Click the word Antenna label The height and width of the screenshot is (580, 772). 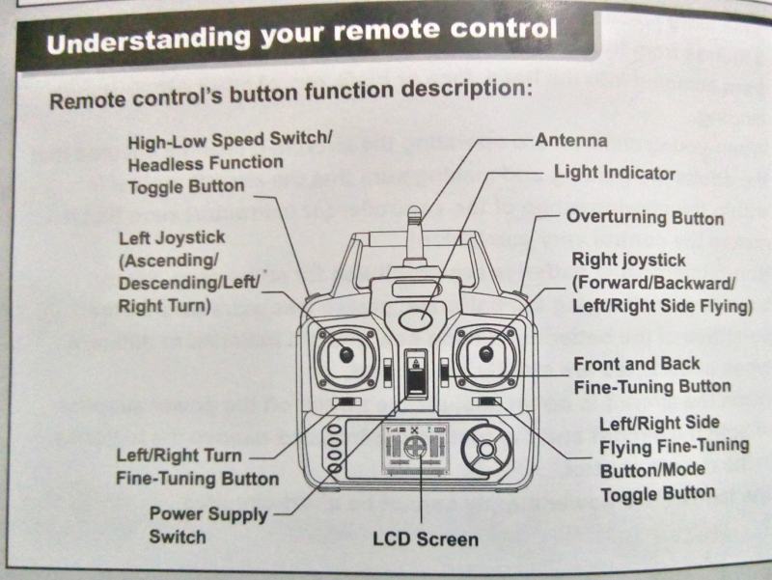coord(570,141)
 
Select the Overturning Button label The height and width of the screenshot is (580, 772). coord(645,217)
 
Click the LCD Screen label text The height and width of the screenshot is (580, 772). coord(425,539)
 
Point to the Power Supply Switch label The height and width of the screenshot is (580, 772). coord(207,525)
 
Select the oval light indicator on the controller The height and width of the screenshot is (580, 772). coord(416,318)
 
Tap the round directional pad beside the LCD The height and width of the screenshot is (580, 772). coord(485,449)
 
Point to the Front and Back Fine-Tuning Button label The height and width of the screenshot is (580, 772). coord(651,375)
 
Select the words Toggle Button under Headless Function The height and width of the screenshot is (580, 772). coord(186,185)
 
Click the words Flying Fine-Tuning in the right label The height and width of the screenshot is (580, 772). coord(674,446)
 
